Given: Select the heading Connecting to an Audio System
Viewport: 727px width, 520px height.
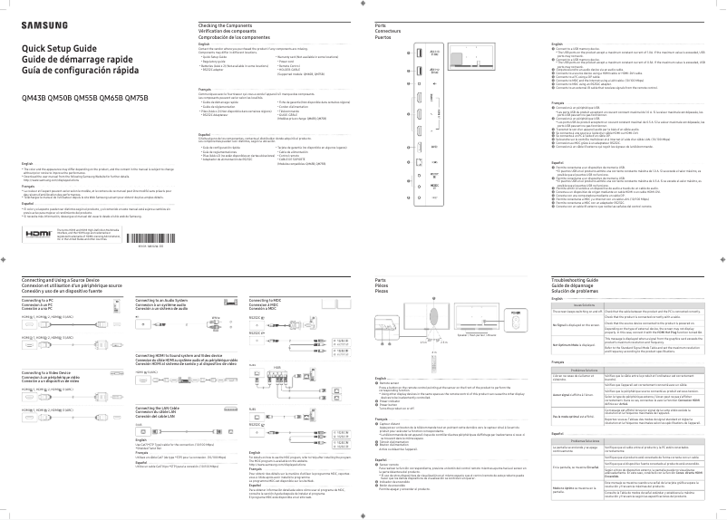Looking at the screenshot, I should click(x=161, y=299).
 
